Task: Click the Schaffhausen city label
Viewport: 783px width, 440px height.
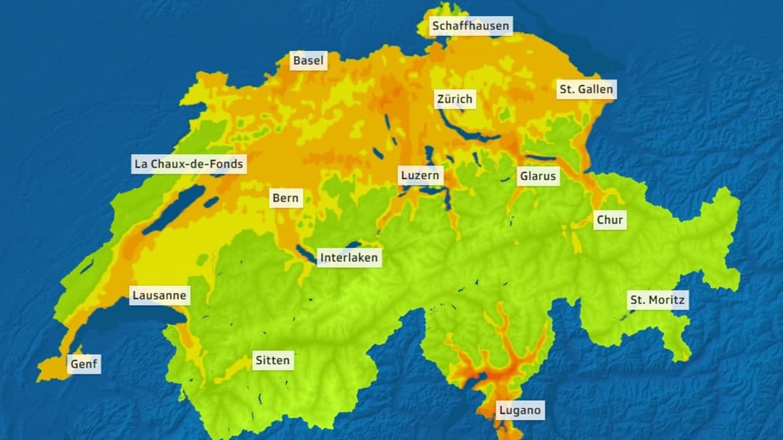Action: [x=470, y=26]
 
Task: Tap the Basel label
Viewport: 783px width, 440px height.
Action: [x=308, y=61]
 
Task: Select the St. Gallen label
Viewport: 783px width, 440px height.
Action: [x=585, y=89]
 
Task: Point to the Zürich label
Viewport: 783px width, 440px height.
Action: [x=455, y=99]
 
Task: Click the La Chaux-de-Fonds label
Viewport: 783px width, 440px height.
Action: [x=189, y=164]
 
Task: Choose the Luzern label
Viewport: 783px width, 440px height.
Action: [x=420, y=176]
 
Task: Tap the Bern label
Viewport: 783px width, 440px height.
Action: [x=286, y=198]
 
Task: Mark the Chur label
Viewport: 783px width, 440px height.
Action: [x=609, y=220]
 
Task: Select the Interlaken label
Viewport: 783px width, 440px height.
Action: [x=349, y=257]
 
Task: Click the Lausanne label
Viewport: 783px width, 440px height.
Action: [x=160, y=296]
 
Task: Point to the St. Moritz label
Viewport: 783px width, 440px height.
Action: [x=658, y=300]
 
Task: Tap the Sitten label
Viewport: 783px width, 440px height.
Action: [x=272, y=360]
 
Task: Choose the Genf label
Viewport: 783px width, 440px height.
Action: [x=84, y=364]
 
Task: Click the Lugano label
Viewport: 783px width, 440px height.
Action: [x=519, y=410]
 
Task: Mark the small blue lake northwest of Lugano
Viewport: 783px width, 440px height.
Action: [x=478, y=378]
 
